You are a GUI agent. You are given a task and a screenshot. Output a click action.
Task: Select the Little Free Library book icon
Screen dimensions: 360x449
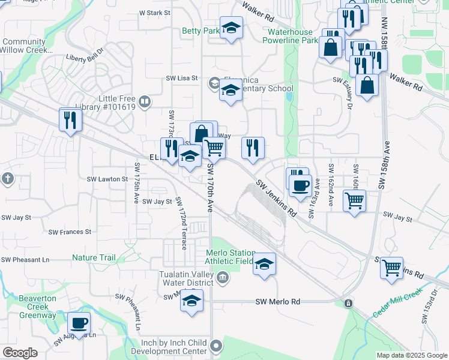(x=144, y=101)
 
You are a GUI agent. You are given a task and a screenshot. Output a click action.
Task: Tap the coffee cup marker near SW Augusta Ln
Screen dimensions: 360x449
(x=79, y=324)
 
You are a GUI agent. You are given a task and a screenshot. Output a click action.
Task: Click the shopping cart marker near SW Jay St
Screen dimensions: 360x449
(x=354, y=201)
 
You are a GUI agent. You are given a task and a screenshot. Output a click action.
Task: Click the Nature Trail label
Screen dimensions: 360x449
(x=94, y=258)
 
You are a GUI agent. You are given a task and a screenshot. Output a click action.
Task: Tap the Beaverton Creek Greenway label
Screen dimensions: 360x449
(x=37, y=307)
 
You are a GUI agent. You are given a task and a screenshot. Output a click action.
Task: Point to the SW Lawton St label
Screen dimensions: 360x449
(x=107, y=179)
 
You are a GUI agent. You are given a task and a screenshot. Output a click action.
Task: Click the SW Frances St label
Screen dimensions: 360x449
(x=70, y=232)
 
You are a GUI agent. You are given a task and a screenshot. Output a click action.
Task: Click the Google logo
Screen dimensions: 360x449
(x=20, y=353)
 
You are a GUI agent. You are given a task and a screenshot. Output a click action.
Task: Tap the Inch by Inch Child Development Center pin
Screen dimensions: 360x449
(x=217, y=346)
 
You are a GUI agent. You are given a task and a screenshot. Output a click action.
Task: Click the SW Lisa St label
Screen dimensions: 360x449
(x=181, y=78)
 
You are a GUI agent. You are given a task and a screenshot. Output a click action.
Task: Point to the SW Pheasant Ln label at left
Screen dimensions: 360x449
(x=25, y=260)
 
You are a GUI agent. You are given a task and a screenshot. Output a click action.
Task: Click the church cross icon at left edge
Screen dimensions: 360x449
(x=7, y=178)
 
